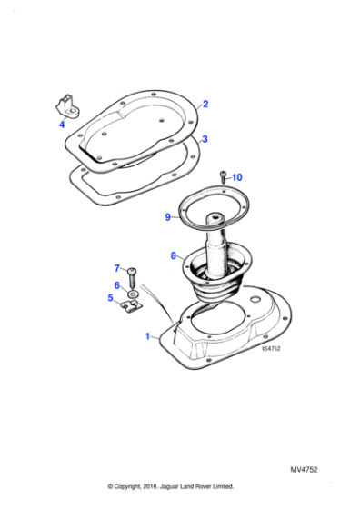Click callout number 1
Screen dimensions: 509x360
148,336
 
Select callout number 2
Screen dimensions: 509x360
205,105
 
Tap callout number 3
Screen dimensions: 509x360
205,139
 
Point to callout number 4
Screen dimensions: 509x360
62,124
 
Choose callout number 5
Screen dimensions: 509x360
110,297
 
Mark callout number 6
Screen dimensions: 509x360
116,284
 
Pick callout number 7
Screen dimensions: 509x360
116,268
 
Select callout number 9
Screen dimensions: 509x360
167,217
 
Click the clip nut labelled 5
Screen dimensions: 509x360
133,306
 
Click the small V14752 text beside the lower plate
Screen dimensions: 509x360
271,347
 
